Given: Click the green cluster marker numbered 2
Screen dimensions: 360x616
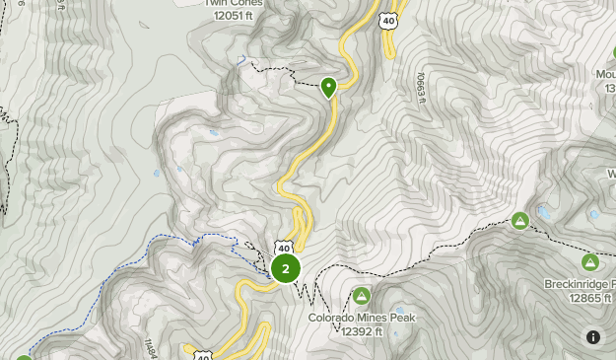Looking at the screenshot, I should click(x=285, y=268).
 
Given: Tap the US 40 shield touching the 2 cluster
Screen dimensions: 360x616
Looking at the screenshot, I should click(x=284, y=247).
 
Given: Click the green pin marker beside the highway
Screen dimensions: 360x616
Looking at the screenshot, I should click(x=329, y=87).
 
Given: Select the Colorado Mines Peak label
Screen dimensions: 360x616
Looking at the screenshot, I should click(x=362, y=318).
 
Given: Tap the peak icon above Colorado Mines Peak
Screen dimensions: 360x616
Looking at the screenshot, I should click(x=362, y=296).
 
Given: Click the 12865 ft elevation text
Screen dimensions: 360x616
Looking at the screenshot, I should click(x=584, y=298).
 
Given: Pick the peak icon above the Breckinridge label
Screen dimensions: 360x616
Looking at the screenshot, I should click(x=589, y=262).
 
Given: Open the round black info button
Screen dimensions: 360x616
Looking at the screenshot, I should click(x=593, y=337).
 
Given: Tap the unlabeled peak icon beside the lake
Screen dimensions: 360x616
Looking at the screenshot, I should click(x=519, y=220).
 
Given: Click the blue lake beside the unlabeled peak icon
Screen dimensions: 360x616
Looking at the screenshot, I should click(x=543, y=212).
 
